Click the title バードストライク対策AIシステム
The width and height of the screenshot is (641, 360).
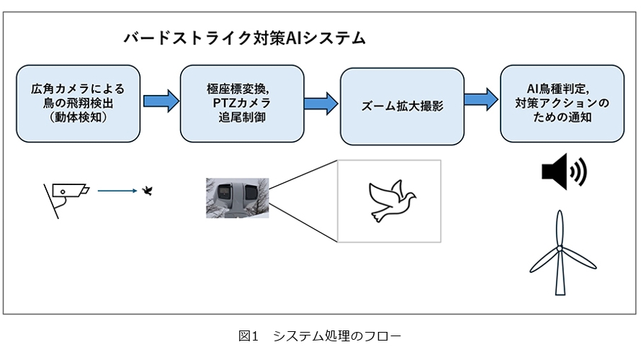[244, 38]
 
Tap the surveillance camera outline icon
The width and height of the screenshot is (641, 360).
[65, 195]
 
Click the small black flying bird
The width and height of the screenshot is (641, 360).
[149, 191]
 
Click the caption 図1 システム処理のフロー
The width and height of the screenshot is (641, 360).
[319, 336]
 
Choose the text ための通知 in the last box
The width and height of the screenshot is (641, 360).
[562, 117]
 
